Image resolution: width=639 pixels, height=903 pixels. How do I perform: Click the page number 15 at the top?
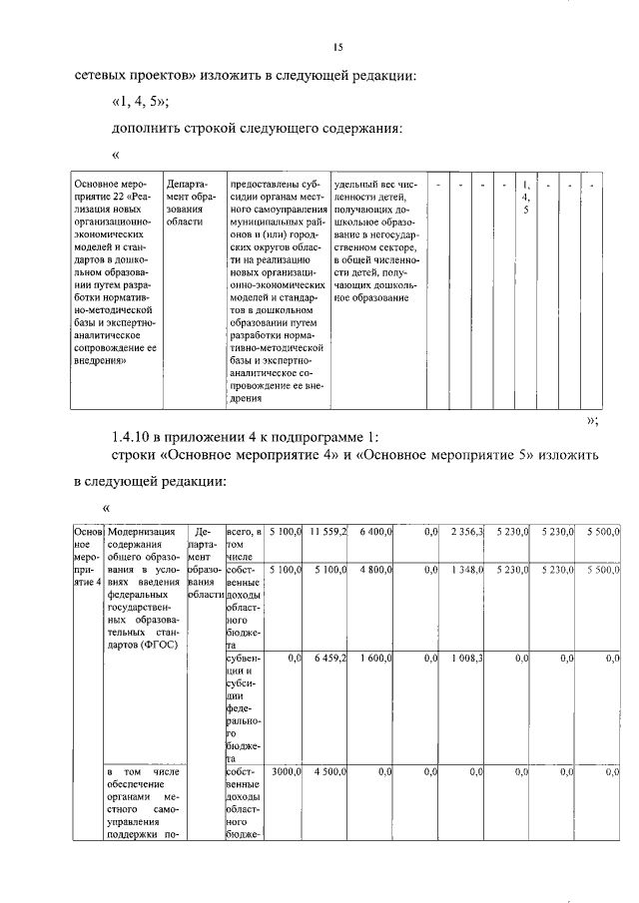(x=338, y=46)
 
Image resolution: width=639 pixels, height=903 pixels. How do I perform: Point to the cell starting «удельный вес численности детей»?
(x=371, y=240)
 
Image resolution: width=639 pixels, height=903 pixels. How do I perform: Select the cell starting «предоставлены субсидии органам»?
(x=277, y=290)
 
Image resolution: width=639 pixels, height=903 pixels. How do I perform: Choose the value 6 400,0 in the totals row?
(x=375, y=534)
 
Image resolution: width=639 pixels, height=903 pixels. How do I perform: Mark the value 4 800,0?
(x=375, y=569)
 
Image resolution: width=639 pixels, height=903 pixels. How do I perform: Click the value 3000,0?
(x=287, y=772)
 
